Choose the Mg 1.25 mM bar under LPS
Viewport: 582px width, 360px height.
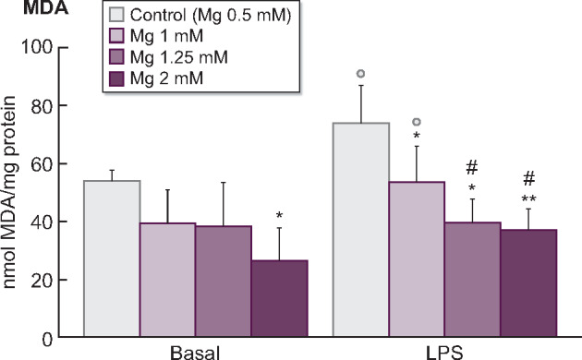472,281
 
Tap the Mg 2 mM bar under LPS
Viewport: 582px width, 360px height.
527,283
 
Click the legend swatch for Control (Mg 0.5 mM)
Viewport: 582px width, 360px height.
116,16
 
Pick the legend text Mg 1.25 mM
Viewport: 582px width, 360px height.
176,58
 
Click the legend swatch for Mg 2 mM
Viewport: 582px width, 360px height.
116,79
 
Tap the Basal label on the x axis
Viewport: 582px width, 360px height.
195,353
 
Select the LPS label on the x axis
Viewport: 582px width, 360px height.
443,353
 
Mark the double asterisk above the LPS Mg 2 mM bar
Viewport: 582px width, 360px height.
527,198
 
